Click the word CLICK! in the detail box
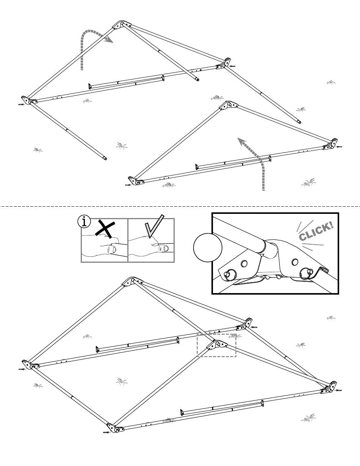point(316,231)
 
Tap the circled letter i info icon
point(84,222)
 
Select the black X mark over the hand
point(105,229)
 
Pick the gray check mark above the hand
point(154,226)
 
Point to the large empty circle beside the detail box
point(208,248)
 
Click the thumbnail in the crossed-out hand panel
point(111,249)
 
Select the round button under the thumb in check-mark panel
point(166,249)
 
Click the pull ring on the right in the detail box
point(305,274)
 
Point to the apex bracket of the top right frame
point(229,105)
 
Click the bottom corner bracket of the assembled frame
point(115,429)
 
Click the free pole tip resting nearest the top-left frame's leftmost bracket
point(105,159)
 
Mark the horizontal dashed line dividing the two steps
point(180,207)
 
